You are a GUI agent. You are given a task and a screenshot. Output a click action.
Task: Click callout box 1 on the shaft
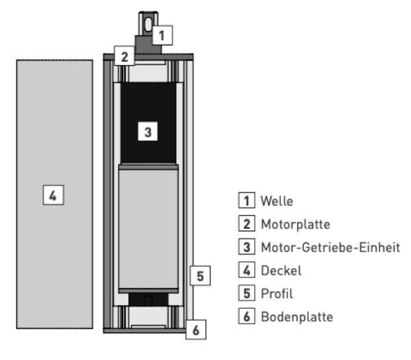pyautogui.click(x=162, y=35)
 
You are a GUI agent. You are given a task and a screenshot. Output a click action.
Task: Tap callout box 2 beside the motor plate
pyautogui.click(x=125, y=56)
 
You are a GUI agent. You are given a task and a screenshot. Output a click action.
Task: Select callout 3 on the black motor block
pyautogui.click(x=148, y=131)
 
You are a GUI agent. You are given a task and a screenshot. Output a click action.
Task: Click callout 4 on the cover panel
pyautogui.click(x=53, y=195)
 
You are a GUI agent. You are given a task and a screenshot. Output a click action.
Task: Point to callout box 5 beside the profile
pyautogui.click(x=200, y=276)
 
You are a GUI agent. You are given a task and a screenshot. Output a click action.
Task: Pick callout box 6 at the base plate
pyautogui.click(x=196, y=330)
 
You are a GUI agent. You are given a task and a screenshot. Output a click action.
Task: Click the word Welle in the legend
pyautogui.click(x=277, y=201)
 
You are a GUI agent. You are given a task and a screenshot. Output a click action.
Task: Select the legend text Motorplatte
pyautogui.click(x=295, y=224)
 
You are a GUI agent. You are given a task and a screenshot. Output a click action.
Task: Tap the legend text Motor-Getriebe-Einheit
pyautogui.click(x=331, y=247)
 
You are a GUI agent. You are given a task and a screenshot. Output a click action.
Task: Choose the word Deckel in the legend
pyautogui.click(x=282, y=270)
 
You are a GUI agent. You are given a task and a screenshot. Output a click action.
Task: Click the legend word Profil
pyautogui.click(x=277, y=293)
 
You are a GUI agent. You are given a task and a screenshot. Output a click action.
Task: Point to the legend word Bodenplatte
pyautogui.click(x=297, y=317)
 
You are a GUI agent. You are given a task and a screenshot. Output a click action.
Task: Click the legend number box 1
pyautogui.click(x=247, y=200)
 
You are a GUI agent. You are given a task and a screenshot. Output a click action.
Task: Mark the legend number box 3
pyautogui.click(x=247, y=246)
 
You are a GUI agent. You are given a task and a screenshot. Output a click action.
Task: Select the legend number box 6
pyautogui.click(x=247, y=316)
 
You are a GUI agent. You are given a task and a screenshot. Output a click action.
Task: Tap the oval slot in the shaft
pyautogui.click(x=148, y=24)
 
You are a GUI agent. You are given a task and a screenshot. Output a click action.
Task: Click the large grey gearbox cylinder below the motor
pyautogui.click(x=149, y=229)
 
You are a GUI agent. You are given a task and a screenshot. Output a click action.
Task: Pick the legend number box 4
pyautogui.click(x=247, y=269)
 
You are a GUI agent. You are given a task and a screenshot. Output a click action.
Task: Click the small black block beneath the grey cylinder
pyautogui.click(x=149, y=300)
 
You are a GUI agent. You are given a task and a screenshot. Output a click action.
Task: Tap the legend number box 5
pyautogui.click(x=247, y=293)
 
